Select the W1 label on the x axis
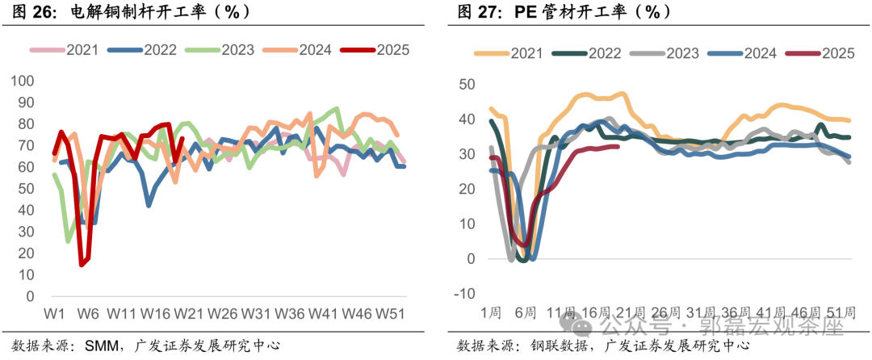pyautogui.click(x=54, y=312)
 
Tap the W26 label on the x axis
pyautogui.click(x=222, y=312)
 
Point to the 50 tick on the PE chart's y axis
pyautogui.click(x=468, y=84)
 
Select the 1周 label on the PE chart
pyautogui.click(x=490, y=312)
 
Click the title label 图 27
pyautogui.click(x=478, y=12)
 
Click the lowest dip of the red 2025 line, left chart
pyautogui.click(x=82, y=264)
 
